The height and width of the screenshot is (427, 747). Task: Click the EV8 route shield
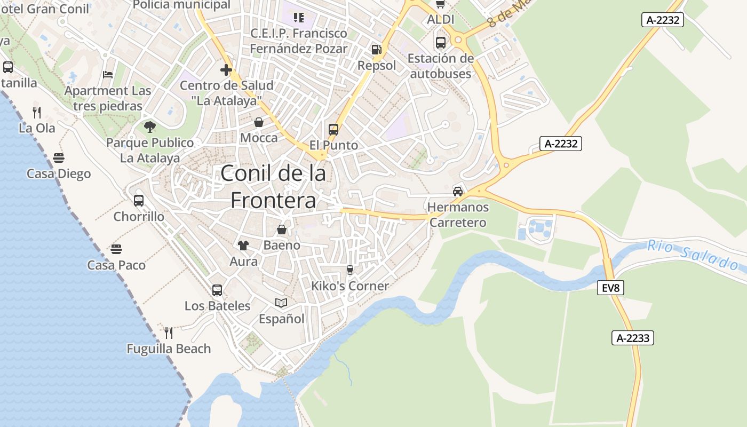point(610,288)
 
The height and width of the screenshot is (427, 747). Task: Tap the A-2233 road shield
point(632,338)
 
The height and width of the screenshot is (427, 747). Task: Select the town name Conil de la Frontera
point(273,186)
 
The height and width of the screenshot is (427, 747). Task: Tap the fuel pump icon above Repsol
point(377,50)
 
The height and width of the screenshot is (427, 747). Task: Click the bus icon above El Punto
point(333,129)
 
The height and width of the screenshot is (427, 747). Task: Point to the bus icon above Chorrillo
point(139,201)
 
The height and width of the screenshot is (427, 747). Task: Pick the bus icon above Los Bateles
point(217,290)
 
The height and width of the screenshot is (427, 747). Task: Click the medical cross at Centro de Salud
point(226,70)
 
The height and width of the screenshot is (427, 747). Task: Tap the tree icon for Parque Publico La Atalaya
point(150,126)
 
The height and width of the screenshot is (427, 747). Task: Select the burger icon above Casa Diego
point(59,158)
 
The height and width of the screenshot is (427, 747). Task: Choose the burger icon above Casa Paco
point(116,249)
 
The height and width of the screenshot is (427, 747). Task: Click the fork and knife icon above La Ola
point(37,112)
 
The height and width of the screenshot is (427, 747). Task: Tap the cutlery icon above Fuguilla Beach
point(169,333)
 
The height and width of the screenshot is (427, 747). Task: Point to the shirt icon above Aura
point(243,246)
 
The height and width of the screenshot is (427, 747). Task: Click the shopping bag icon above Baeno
point(281,230)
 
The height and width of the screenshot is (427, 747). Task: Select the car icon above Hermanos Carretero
point(457,191)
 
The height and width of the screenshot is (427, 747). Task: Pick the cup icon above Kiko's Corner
point(350,270)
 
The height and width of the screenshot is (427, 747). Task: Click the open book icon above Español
point(281,303)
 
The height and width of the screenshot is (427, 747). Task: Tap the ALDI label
point(440,20)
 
